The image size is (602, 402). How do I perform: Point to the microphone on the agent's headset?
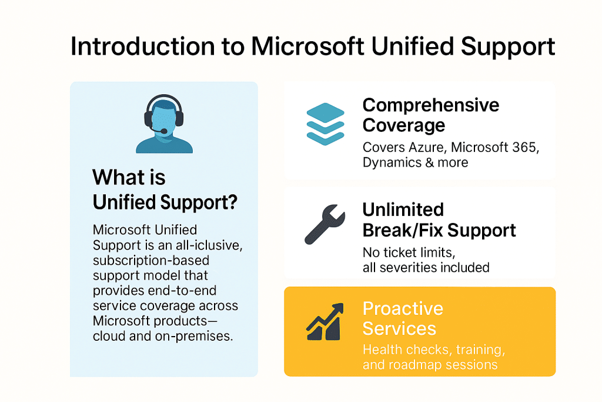164,131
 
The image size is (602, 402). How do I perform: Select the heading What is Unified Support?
165,189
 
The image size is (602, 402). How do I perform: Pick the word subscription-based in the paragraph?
151,260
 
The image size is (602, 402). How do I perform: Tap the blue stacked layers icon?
325,123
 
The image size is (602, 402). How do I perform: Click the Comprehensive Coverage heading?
430,115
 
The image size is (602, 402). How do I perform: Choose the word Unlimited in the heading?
403,210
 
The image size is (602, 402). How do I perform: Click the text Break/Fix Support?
439,230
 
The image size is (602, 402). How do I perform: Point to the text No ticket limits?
407,253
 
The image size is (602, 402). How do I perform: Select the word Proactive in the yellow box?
403,308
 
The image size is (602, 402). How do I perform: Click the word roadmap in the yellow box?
412,364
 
